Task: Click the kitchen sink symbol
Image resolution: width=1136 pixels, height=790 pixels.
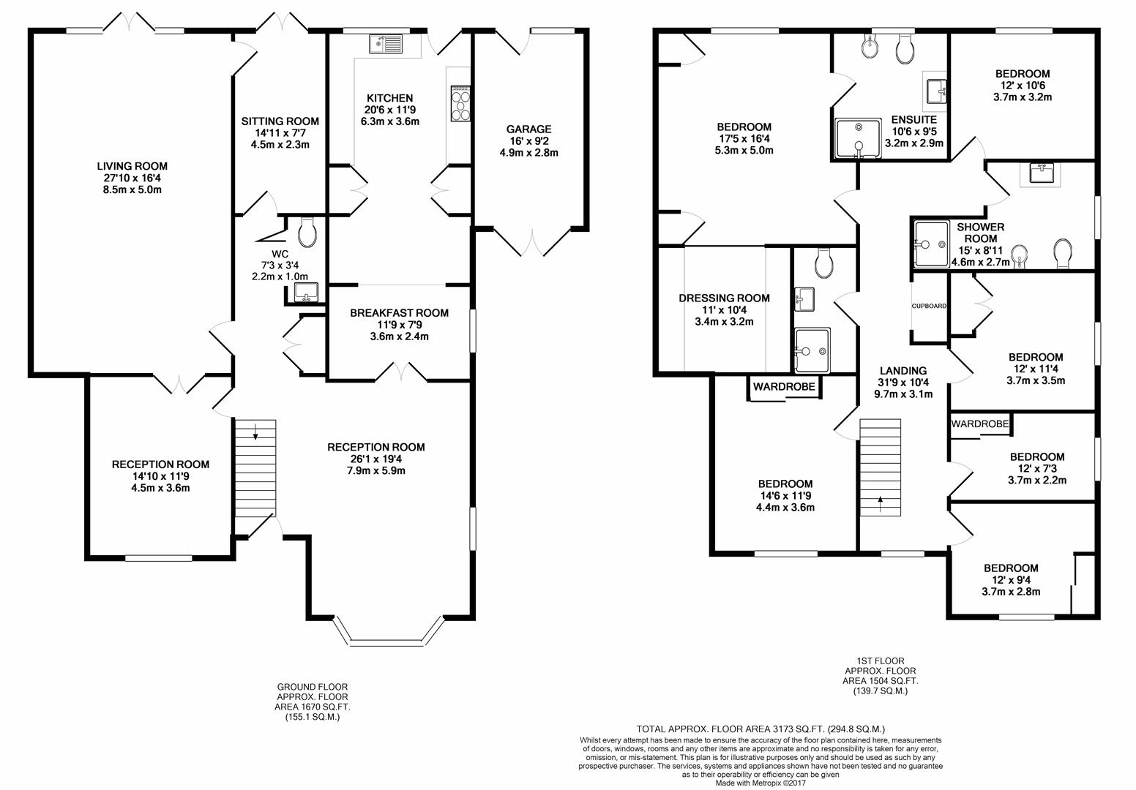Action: click(385, 45)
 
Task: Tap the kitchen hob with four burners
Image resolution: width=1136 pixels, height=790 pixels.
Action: click(462, 104)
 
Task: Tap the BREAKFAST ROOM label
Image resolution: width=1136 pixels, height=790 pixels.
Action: click(399, 313)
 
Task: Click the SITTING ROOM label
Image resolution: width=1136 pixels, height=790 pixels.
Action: click(282, 121)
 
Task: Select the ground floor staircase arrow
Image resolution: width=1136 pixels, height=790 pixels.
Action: click(255, 435)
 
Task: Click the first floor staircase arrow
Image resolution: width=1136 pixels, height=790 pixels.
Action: click(881, 500)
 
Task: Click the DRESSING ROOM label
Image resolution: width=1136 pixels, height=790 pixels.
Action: click(724, 298)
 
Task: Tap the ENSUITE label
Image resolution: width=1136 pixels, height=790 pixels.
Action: click(913, 120)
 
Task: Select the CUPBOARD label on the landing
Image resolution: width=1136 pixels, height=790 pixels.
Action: click(929, 306)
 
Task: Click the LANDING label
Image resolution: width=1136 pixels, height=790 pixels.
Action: click(903, 371)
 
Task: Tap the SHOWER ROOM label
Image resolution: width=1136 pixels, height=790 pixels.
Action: click(980, 233)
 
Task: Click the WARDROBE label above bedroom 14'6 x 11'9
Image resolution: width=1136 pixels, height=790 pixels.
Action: click(784, 387)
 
